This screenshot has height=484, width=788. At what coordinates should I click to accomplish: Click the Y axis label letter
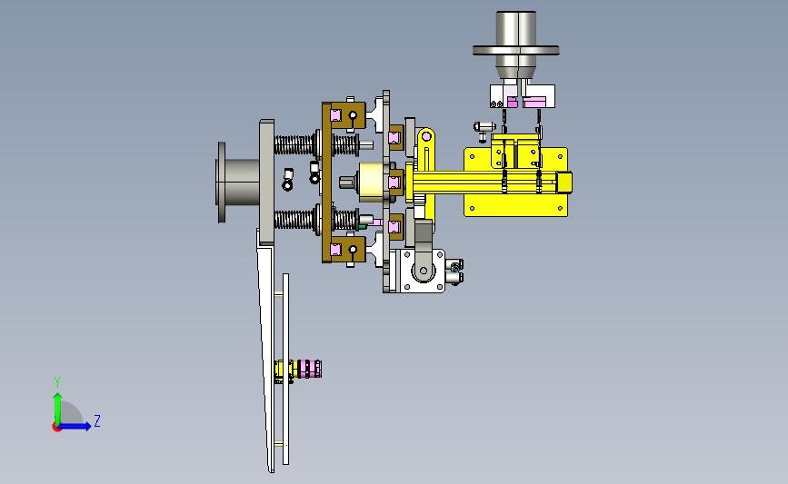57,382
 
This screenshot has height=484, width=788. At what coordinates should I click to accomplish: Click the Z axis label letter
97,420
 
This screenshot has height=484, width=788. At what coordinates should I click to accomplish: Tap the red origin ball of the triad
56,428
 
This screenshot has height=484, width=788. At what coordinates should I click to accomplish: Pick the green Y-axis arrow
57,409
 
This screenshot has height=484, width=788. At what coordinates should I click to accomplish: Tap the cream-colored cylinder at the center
373,183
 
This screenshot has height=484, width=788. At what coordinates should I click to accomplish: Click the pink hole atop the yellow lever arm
425,136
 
